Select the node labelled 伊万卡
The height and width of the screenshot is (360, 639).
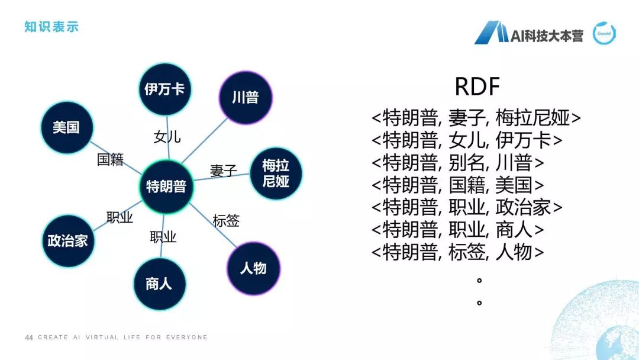click(165, 89)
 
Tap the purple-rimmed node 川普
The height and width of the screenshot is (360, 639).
click(245, 97)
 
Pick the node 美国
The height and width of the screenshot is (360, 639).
click(66, 127)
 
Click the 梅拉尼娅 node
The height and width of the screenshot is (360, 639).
click(275, 173)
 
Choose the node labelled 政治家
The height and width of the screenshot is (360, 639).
click(67, 240)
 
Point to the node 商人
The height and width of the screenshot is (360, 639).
click(159, 284)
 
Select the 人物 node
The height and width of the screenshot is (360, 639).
click(253, 268)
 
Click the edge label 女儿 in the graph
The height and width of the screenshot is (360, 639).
click(167, 137)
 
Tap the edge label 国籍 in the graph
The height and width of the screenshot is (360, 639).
click(110, 160)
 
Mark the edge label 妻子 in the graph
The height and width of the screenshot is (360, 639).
click(224, 171)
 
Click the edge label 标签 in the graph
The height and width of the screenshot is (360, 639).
click(226, 221)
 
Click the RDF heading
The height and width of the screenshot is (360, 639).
click(477, 88)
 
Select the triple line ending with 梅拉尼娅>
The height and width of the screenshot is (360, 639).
click(476, 118)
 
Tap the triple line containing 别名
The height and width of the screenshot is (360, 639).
click(458, 163)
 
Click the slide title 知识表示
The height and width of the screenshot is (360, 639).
click(51, 27)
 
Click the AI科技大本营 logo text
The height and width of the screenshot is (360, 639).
click(547, 36)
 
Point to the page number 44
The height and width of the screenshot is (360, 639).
click(28, 337)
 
